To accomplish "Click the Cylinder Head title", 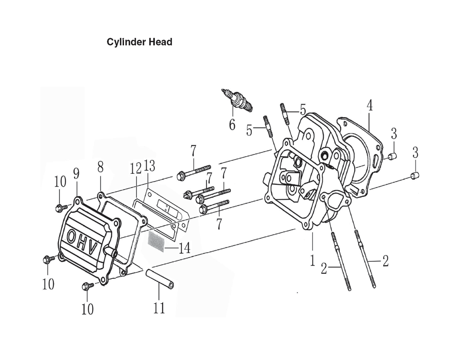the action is pyautogui.click(x=139, y=42).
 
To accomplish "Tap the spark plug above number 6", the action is pyautogui.click(x=237, y=100).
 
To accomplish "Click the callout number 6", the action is pyautogui.click(x=232, y=124).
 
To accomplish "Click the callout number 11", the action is pyautogui.click(x=159, y=308).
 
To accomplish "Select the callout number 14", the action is pyautogui.click(x=184, y=248).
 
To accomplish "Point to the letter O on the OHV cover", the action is pyautogui.click(x=72, y=236).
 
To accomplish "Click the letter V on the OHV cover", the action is pyautogui.click(x=92, y=249).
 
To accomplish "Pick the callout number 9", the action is pyautogui.click(x=76, y=173).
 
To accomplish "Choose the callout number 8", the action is pyautogui.click(x=100, y=167).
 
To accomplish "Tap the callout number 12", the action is pyautogui.click(x=136, y=169).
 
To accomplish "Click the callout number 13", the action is pyautogui.click(x=149, y=166).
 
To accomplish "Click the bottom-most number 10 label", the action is pyautogui.click(x=87, y=309).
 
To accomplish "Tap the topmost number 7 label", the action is pyautogui.click(x=193, y=151).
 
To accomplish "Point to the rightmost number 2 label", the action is pyautogui.click(x=385, y=261).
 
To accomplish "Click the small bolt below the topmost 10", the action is pyautogui.click(x=59, y=208).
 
